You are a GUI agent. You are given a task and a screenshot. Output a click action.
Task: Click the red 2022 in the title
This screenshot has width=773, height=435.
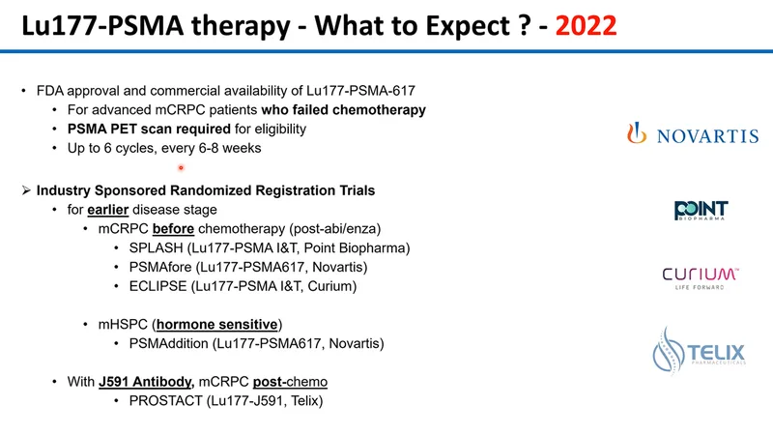[x=586, y=26]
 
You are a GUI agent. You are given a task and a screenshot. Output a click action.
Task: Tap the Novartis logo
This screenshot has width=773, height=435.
[x=693, y=133]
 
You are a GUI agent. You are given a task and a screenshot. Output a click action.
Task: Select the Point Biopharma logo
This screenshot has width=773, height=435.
[x=701, y=211]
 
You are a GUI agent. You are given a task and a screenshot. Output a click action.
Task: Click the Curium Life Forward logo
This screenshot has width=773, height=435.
[x=700, y=278]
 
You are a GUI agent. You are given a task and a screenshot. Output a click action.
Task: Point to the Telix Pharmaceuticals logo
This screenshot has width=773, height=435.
[x=699, y=350]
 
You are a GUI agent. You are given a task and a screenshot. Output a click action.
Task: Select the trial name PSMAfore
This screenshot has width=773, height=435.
[x=160, y=268]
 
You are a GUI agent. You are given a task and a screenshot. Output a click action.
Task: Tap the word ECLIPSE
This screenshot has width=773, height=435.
[x=157, y=286]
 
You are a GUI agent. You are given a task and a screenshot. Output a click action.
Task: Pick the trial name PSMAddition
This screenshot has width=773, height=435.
[x=168, y=344]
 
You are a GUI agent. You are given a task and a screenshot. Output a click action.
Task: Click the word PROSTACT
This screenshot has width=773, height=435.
[x=165, y=401]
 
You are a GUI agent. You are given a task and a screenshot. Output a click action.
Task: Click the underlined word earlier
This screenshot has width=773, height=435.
[x=108, y=210]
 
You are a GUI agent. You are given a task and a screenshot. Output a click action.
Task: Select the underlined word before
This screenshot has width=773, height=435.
[x=173, y=229]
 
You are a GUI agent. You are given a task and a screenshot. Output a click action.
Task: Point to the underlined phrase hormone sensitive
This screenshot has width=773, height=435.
[x=216, y=325]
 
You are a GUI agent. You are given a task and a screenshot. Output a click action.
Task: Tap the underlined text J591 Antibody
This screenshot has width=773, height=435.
[x=145, y=382]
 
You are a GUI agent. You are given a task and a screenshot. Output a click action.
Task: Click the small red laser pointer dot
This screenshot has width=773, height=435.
[x=181, y=168]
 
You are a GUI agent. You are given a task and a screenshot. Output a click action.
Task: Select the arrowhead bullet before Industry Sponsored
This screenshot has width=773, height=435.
[x=26, y=190]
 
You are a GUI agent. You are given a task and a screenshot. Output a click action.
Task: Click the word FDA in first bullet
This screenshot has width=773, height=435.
[x=50, y=91]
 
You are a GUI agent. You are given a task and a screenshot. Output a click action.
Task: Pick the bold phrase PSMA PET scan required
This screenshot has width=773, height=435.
[x=149, y=130]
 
